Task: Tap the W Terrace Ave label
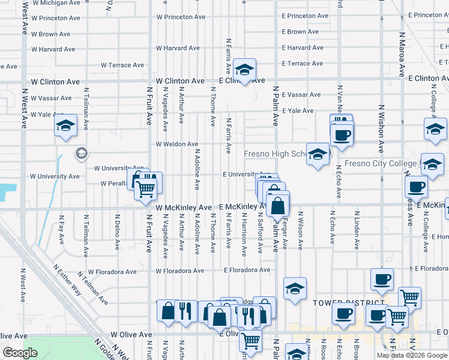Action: pyautogui.click(x=122, y=65)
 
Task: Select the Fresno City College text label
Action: pyautogui.click(x=381, y=164)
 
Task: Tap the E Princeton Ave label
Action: pyautogui.click(x=305, y=16)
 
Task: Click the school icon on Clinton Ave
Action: pyautogui.click(x=245, y=71)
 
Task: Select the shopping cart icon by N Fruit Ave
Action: pyautogui.click(x=146, y=189)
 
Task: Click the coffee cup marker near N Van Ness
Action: pyautogui.click(x=342, y=134)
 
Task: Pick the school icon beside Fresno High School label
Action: pyautogui.click(x=318, y=155)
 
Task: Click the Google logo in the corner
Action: pyautogui.click(x=20, y=353)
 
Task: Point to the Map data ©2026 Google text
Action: pyautogui.click(x=411, y=355)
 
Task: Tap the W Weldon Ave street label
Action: pyautogui.click(x=176, y=144)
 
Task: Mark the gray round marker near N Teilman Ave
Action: pyautogui.click(x=80, y=154)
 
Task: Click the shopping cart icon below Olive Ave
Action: pyautogui.click(x=250, y=341)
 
